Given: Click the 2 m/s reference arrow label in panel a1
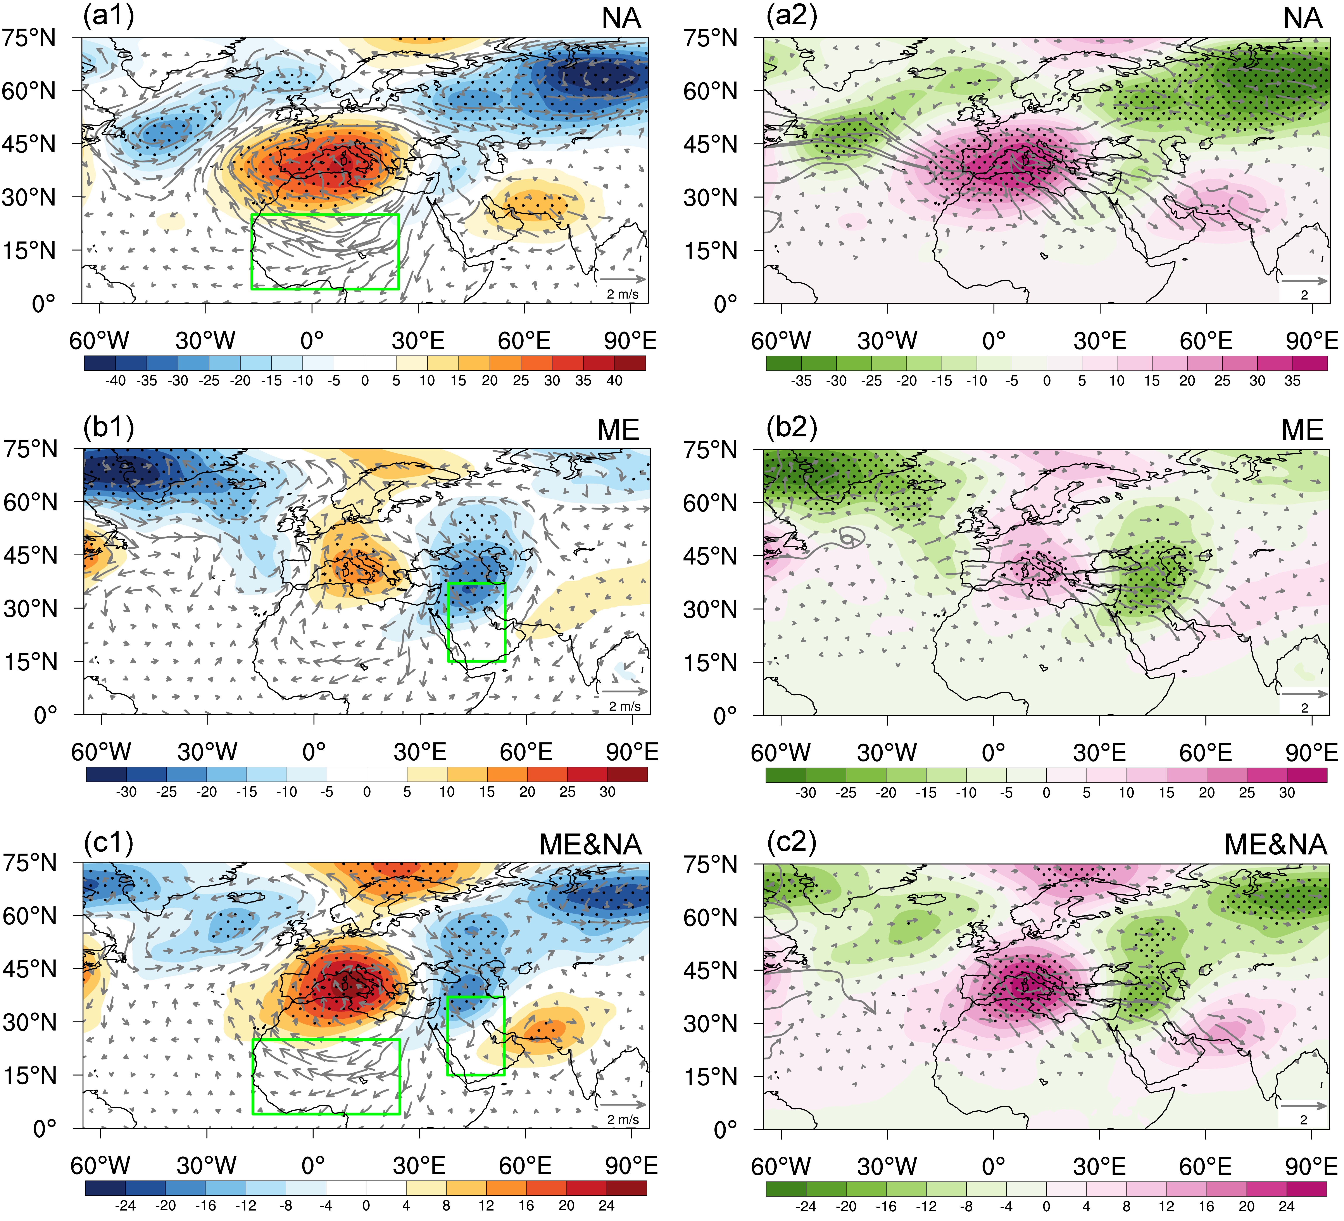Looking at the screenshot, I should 622,294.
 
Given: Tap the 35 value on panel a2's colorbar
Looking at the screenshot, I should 1292,381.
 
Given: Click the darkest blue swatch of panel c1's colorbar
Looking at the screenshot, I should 105,1188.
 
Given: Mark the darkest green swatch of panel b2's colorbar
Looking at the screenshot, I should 785,775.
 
